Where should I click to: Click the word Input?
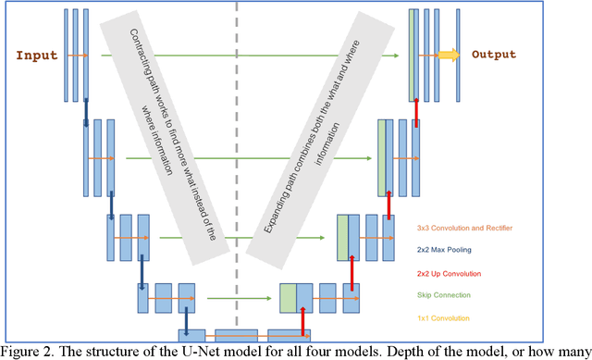point(38,55)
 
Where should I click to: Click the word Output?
point(494,55)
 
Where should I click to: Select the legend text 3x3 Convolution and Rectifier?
point(464,227)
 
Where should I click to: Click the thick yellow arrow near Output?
point(449,56)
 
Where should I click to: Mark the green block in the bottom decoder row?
point(288,298)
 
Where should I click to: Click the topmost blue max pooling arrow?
point(86,109)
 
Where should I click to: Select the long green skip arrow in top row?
point(250,56)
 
